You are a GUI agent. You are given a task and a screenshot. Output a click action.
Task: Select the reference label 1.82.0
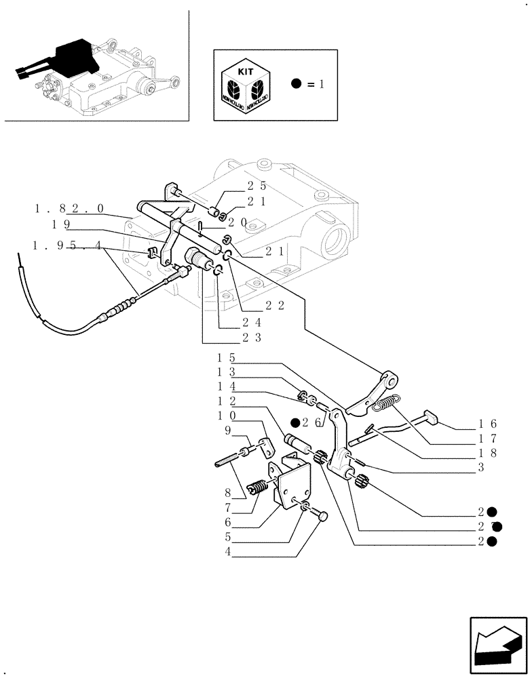click(x=69, y=209)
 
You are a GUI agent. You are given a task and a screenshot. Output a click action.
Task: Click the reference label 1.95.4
click(x=69, y=246)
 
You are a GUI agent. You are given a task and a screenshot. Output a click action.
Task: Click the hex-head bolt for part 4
click(x=320, y=517)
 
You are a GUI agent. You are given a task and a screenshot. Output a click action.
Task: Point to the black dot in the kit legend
click(x=296, y=85)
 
